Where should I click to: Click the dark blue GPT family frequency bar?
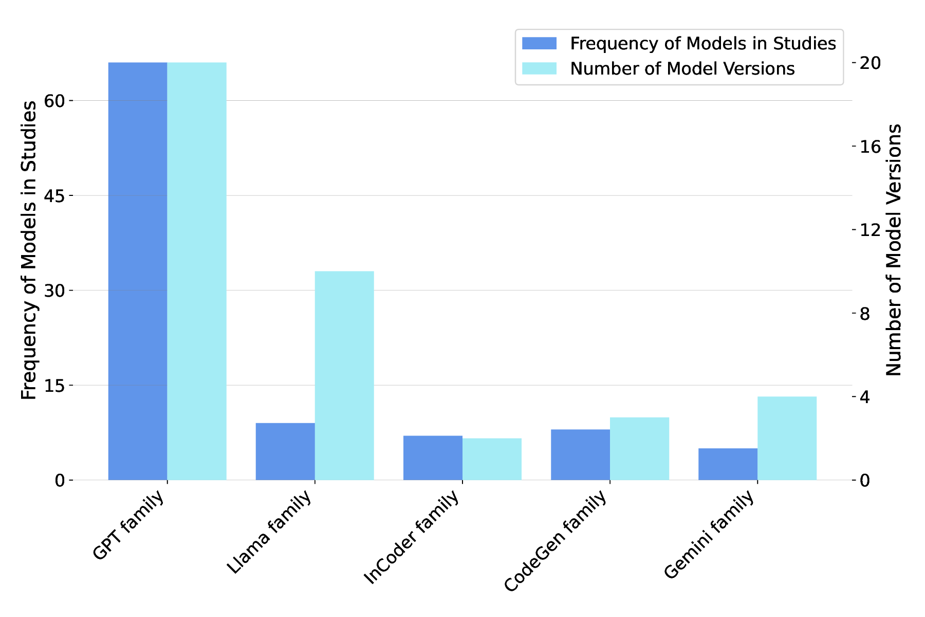tap(137, 271)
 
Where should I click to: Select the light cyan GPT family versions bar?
tap(197, 271)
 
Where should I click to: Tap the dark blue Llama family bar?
tap(285, 451)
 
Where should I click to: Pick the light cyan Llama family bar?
tap(344, 375)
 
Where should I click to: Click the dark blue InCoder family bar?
tap(433, 458)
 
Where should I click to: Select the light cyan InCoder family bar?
tap(492, 459)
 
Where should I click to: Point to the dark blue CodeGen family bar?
tap(580, 455)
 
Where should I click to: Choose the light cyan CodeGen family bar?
tap(640, 448)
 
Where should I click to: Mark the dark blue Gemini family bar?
tap(728, 464)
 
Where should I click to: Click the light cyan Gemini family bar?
tap(787, 438)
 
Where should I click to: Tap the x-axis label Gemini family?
tap(710, 535)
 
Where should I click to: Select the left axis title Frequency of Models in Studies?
tap(29, 250)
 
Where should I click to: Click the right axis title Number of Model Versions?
tap(894, 250)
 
